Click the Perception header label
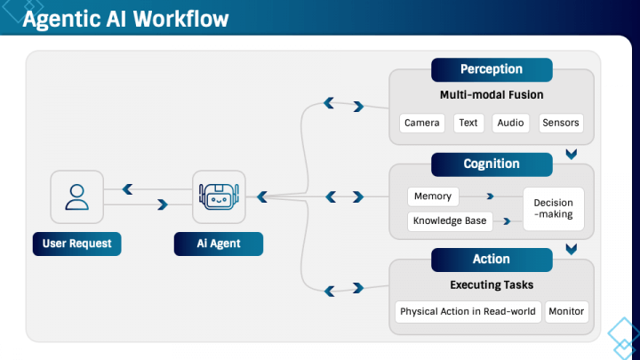[492, 69]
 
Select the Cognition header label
[492, 164]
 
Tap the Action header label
[492, 259]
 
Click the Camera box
[421, 123]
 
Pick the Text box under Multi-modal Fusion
[468, 123]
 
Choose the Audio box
[510, 123]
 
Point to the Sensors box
[561, 123]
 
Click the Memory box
[434, 196]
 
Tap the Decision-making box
[553, 208]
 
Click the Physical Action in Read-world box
[468, 312]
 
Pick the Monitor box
[566, 312]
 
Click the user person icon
[77, 197]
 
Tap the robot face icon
[219, 197]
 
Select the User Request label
[76, 243]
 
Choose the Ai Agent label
[219, 243]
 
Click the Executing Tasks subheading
[492, 285]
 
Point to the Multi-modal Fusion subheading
[492, 95]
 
